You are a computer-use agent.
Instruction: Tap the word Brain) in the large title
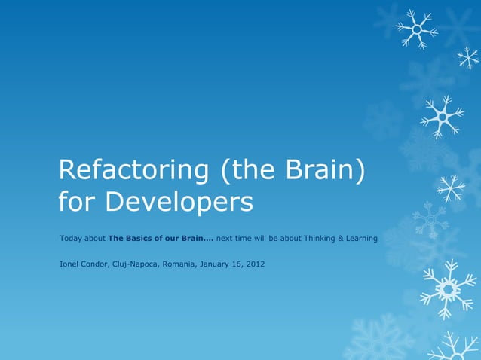tap(326, 170)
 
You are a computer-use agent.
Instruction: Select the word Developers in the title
tap(178, 202)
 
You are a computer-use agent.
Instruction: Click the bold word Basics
tap(141, 239)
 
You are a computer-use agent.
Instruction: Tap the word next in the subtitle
tap(224, 239)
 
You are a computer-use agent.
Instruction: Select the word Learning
tap(362, 239)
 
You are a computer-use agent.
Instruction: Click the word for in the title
tap(78, 202)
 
